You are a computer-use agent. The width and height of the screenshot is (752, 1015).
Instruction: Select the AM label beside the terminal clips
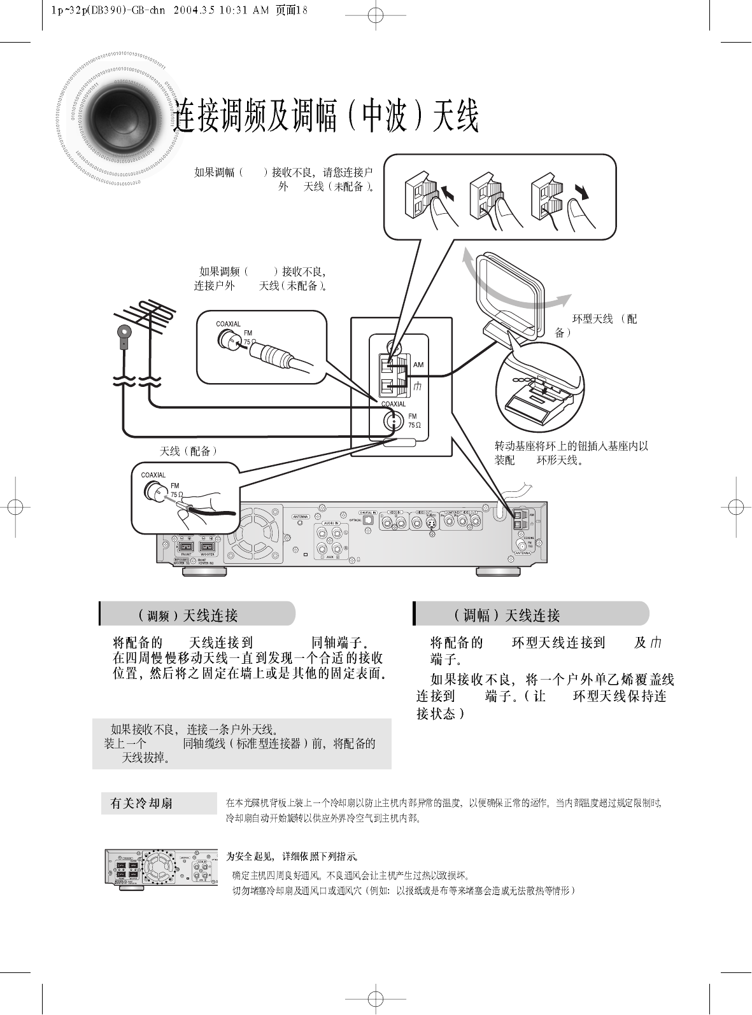(x=418, y=365)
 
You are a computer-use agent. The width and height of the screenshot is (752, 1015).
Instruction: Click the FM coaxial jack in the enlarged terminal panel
(x=394, y=420)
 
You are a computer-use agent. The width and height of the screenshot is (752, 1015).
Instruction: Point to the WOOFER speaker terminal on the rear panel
(x=208, y=547)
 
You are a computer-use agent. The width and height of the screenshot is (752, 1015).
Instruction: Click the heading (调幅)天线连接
(x=507, y=615)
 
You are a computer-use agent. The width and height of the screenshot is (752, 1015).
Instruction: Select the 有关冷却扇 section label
(x=141, y=804)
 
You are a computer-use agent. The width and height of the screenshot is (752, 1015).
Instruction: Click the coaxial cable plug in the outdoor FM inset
(x=274, y=353)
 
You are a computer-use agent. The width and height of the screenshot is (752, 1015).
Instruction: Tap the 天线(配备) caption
(x=188, y=451)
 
